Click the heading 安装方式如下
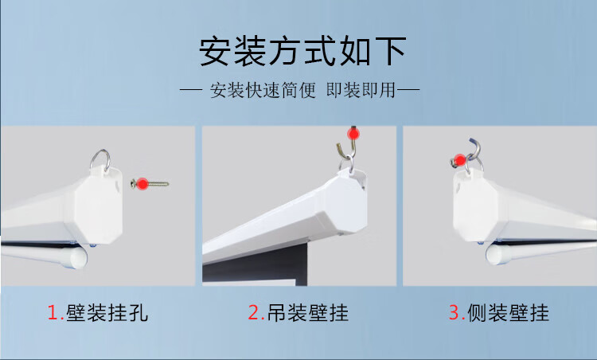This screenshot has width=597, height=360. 302,51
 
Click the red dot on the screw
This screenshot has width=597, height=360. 142,184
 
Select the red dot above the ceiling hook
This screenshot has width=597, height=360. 353,134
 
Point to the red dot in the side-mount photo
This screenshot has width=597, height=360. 460,160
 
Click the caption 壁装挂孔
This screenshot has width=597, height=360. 107,313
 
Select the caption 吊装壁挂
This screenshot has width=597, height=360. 307,313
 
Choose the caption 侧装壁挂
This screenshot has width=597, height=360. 509,313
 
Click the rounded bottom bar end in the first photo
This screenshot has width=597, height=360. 78,258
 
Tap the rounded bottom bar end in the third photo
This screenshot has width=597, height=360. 495,255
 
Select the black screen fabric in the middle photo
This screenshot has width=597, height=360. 255,267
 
